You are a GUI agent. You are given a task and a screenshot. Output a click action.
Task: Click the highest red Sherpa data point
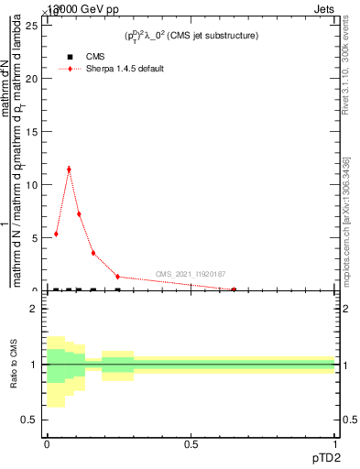click(x=68, y=169)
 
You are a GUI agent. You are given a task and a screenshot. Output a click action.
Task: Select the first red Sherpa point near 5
click(x=56, y=234)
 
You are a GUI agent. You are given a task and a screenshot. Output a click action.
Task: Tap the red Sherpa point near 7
click(x=79, y=214)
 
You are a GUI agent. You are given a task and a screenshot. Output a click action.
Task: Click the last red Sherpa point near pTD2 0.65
click(x=234, y=289)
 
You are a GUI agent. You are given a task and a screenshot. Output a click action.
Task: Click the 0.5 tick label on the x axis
click(x=191, y=445)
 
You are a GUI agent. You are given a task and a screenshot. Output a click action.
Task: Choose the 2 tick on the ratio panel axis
click(x=34, y=309)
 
